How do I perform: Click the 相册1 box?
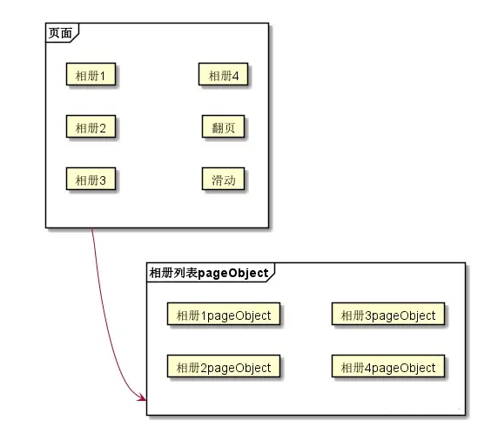click(x=91, y=75)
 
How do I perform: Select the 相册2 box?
click(x=91, y=128)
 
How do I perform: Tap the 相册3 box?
click(x=91, y=180)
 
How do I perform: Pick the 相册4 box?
click(x=224, y=75)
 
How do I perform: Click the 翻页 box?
click(x=224, y=128)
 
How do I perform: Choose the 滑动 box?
click(x=224, y=180)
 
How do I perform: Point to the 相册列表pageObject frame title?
click(x=209, y=272)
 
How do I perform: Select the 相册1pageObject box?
click(x=224, y=315)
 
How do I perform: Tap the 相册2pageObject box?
click(x=224, y=367)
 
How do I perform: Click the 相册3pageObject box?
click(x=388, y=315)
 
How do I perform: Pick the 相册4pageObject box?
click(x=388, y=367)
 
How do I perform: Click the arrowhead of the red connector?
click(x=141, y=397)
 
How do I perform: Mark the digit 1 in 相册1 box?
click(x=103, y=76)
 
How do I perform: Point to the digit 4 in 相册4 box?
click(x=236, y=76)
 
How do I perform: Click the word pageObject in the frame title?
click(x=233, y=273)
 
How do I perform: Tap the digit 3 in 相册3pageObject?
click(x=369, y=315)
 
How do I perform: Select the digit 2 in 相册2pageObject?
click(x=205, y=368)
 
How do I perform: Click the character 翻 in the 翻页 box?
click(x=218, y=128)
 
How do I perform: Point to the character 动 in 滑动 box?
click(x=230, y=180)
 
